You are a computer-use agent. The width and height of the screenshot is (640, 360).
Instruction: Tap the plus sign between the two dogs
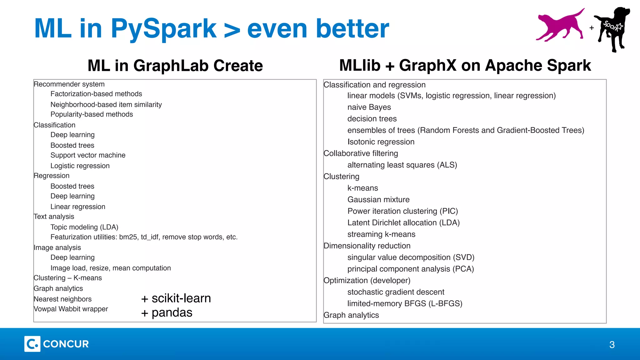point(592,28)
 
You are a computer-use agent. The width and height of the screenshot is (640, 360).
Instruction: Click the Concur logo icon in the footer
point(32,344)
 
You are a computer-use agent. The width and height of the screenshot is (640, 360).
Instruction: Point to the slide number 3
point(612,345)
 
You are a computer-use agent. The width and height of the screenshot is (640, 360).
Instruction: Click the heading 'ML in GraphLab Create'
point(175,66)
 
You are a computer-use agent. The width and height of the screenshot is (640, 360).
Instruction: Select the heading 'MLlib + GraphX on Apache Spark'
point(465,66)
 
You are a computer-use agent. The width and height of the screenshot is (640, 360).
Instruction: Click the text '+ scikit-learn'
point(176,298)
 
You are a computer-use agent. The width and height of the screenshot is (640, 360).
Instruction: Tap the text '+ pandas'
point(167,312)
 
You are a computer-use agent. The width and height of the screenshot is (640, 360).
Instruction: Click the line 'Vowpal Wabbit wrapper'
point(71,309)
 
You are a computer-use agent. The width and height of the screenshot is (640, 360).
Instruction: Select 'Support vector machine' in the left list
point(88,155)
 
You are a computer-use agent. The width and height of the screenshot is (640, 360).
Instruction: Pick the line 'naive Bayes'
point(369,107)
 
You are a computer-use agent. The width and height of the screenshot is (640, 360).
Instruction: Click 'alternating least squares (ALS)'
point(402,165)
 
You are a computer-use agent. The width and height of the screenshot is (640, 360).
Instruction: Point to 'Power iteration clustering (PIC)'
point(402,211)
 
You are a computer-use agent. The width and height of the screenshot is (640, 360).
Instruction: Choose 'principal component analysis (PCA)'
point(411,269)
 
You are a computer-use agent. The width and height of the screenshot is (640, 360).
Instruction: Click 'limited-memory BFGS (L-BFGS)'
point(405,304)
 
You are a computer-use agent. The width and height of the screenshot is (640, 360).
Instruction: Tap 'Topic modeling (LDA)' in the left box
point(84,227)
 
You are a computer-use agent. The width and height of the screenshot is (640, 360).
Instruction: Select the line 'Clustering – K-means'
point(68,278)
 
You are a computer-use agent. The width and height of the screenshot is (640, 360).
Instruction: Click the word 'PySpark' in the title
point(163,29)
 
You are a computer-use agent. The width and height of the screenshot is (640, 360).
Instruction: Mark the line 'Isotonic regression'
point(381,142)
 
